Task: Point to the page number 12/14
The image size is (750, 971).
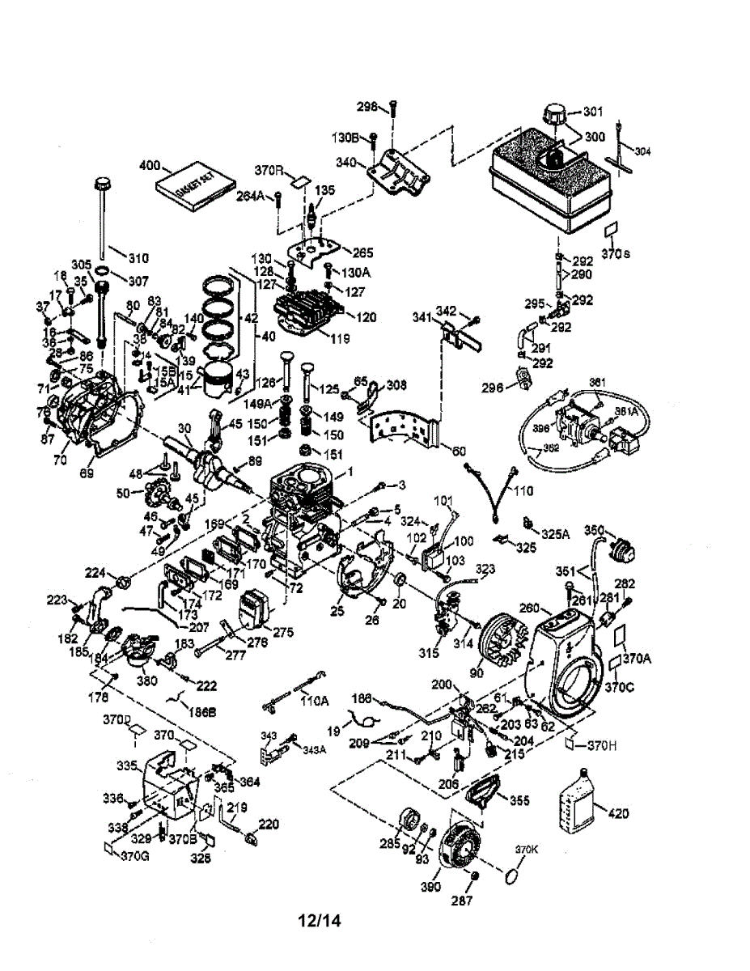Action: click(320, 921)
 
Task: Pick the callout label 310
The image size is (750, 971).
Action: click(138, 259)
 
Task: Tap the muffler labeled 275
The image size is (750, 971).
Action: click(256, 608)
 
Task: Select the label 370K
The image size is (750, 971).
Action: click(528, 850)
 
